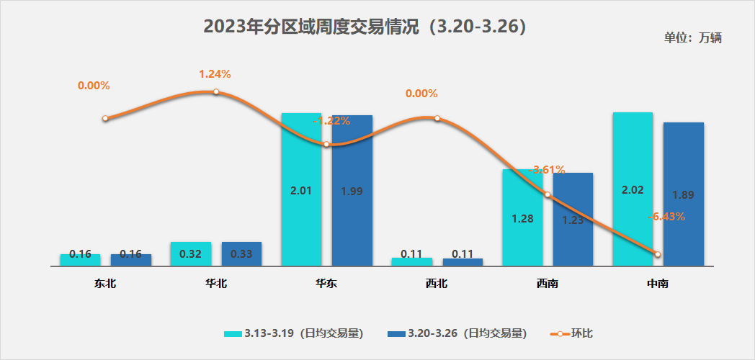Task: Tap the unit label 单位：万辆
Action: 692,38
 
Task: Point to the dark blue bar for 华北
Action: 241,253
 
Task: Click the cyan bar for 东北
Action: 81,259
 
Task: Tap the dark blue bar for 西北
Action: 463,261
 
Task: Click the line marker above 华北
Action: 215,92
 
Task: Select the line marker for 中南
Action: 658,253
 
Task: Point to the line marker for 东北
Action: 105,118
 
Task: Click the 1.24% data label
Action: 215,73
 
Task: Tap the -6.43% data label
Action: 666,216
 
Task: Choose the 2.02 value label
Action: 632,190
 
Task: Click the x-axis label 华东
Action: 326,284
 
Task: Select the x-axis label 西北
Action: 437,284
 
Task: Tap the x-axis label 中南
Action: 658,284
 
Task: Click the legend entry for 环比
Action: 572,333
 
